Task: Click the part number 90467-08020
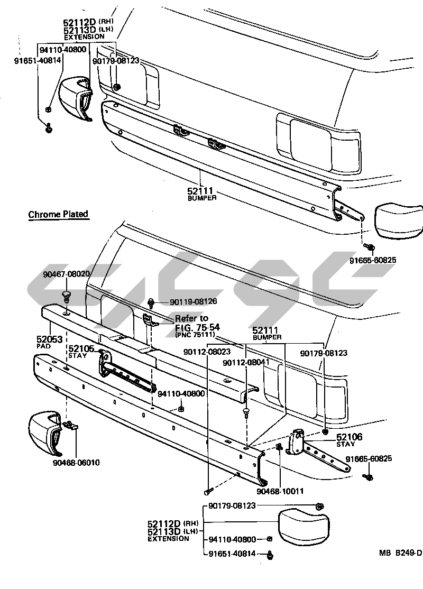click(x=66, y=274)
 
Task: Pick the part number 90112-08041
click(x=246, y=363)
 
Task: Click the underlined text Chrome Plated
click(x=58, y=214)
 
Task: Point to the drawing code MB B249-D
click(x=400, y=554)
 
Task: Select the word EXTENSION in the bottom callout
click(x=169, y=539)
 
